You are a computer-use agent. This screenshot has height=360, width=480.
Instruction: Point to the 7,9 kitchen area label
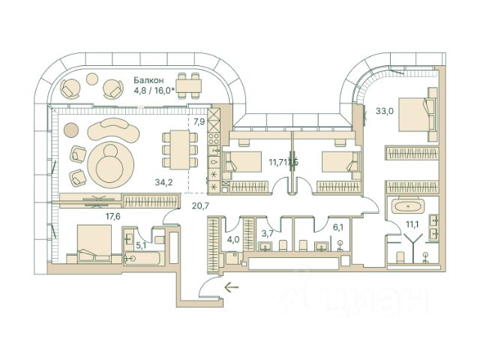pyautogui.click(x=199, y=121)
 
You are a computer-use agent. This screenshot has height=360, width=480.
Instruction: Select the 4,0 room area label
pyautogui.click(x=234, y=240)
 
